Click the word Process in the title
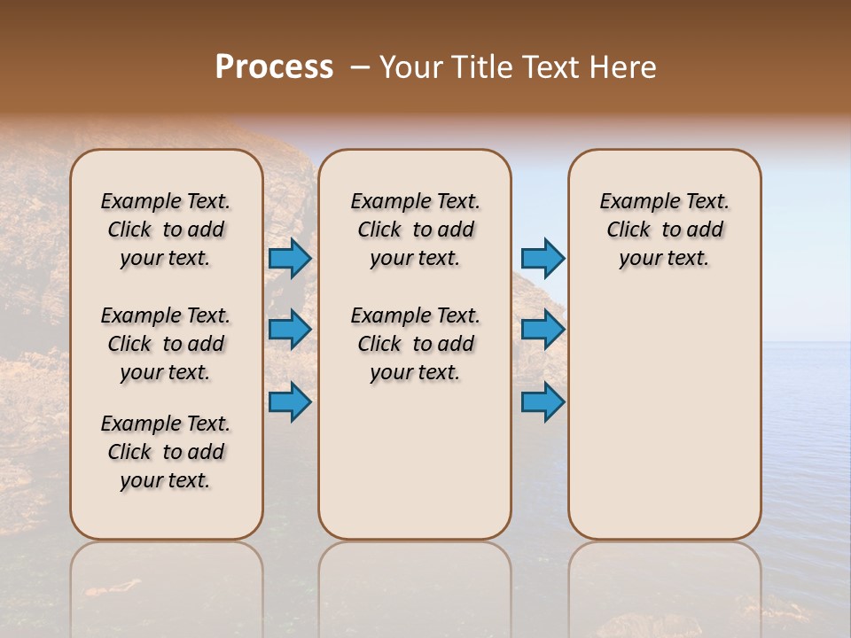click(x=274, y=67)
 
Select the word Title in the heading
click(x=482, y=67)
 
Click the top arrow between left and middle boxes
click(x=290, y=259)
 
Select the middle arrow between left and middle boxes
click(x=290, y=330)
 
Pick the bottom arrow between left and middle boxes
click(x=290, y=402)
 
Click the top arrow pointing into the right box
click(x=543, y=259)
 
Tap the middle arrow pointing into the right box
click(x=543, y=330)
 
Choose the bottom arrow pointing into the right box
click(x=543, y=402)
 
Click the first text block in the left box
click(x=166, y=230)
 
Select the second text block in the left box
click(x=166, y=344)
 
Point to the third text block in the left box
click(x=166, y=452)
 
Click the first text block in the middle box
click(x=415, y=230)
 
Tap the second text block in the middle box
click(x=415, y=344)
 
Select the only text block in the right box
click(x=665, y=230)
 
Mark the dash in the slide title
click(x=360, y=67)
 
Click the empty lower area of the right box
click(x=665, y=416)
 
